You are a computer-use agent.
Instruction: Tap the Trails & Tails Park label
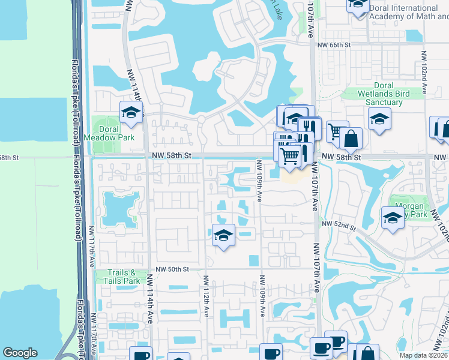pos(118,277)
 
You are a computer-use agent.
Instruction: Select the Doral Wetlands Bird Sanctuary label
pos(376,94)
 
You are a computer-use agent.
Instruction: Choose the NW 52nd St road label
pos(339,226)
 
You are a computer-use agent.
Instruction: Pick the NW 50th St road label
pos(172,270)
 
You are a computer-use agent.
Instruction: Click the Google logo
pos(20,353)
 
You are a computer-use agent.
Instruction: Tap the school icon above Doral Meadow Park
pos(131,112)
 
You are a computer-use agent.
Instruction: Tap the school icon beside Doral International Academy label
pos(358,5)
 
